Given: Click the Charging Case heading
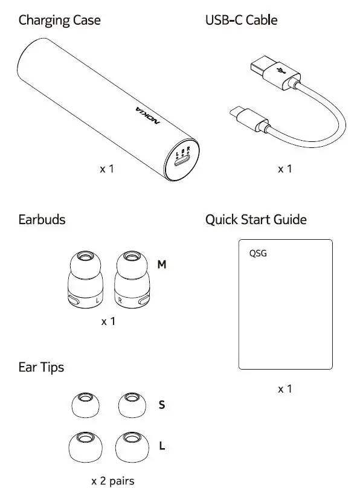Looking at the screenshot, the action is coord(59,21).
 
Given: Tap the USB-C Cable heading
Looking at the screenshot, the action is coord(241,20).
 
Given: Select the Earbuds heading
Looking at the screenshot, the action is coord(42,219).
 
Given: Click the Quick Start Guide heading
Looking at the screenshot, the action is coord(256,219).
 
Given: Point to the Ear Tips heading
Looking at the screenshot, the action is coord(41,367).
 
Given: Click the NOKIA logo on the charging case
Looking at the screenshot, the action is coord(148,115).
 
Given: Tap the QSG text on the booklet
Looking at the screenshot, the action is coord(258,253).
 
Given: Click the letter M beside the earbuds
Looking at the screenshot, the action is coord(162,265).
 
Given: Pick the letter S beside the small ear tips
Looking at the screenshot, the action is coord(162,405).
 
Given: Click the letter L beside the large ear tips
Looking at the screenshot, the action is coord(162,446).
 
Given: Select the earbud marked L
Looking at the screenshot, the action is coord(85,279).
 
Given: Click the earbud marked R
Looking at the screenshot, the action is coord(132,279).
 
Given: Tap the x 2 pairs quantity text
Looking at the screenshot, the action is coord(113,481).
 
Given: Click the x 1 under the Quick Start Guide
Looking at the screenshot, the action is coord(284,389).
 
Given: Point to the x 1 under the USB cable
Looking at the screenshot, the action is coord(284,169).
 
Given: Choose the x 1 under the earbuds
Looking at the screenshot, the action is coord(108,321).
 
